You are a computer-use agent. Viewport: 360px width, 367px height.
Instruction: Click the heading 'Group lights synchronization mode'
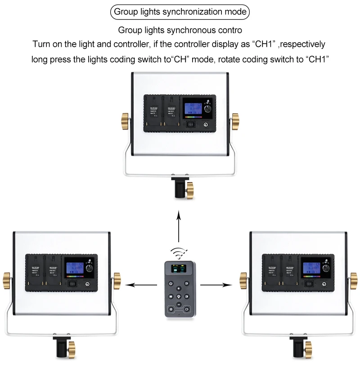(180, 12)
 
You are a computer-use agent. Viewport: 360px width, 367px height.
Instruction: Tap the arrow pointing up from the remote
(179, 227)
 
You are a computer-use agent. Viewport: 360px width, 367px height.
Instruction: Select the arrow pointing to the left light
(142, 285)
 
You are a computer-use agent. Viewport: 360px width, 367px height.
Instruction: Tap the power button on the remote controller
(171, 284)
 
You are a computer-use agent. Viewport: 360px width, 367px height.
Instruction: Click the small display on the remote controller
(179, 270)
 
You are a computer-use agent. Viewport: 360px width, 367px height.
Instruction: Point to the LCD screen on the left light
(74, 269)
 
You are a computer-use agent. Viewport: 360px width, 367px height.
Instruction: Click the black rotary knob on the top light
(208, 109)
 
